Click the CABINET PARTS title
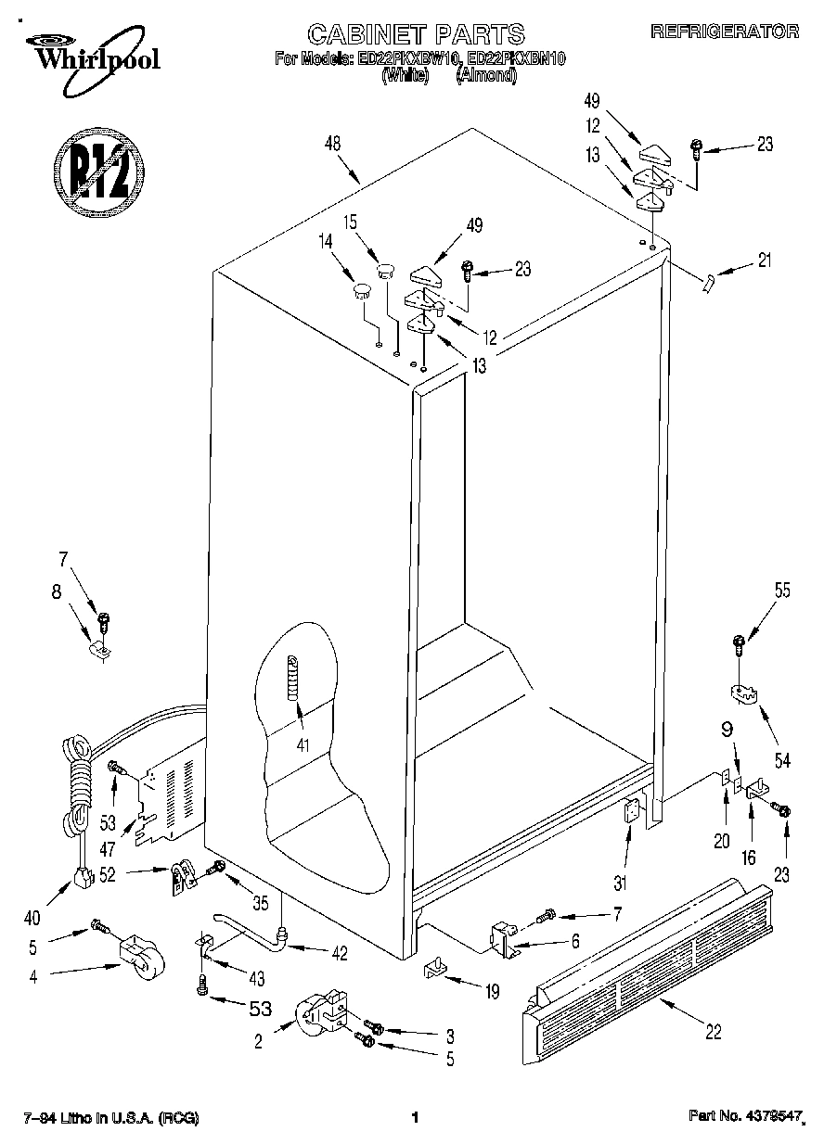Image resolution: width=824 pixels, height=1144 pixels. pyautogui.click(x=416, y=35)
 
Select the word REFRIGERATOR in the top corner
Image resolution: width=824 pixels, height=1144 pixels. pyautogui.click(x=725, y=32)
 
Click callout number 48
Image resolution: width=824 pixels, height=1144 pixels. pyautogui.click(x=332, y=144)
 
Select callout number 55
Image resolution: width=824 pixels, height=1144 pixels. pyautogui.click(x=782, y=591)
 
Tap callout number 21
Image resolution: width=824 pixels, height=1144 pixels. pyautogui.click(x=764, y=261)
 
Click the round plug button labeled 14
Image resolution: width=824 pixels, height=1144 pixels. pyautogui.click(x=358, y=292)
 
